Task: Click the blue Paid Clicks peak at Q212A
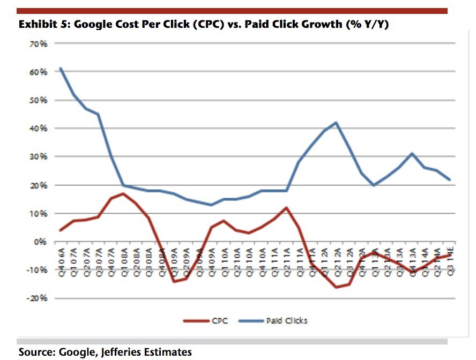336,123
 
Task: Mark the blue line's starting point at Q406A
61,69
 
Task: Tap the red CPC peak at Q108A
123,193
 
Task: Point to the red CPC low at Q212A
336,287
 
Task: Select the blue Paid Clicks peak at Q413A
411,154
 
